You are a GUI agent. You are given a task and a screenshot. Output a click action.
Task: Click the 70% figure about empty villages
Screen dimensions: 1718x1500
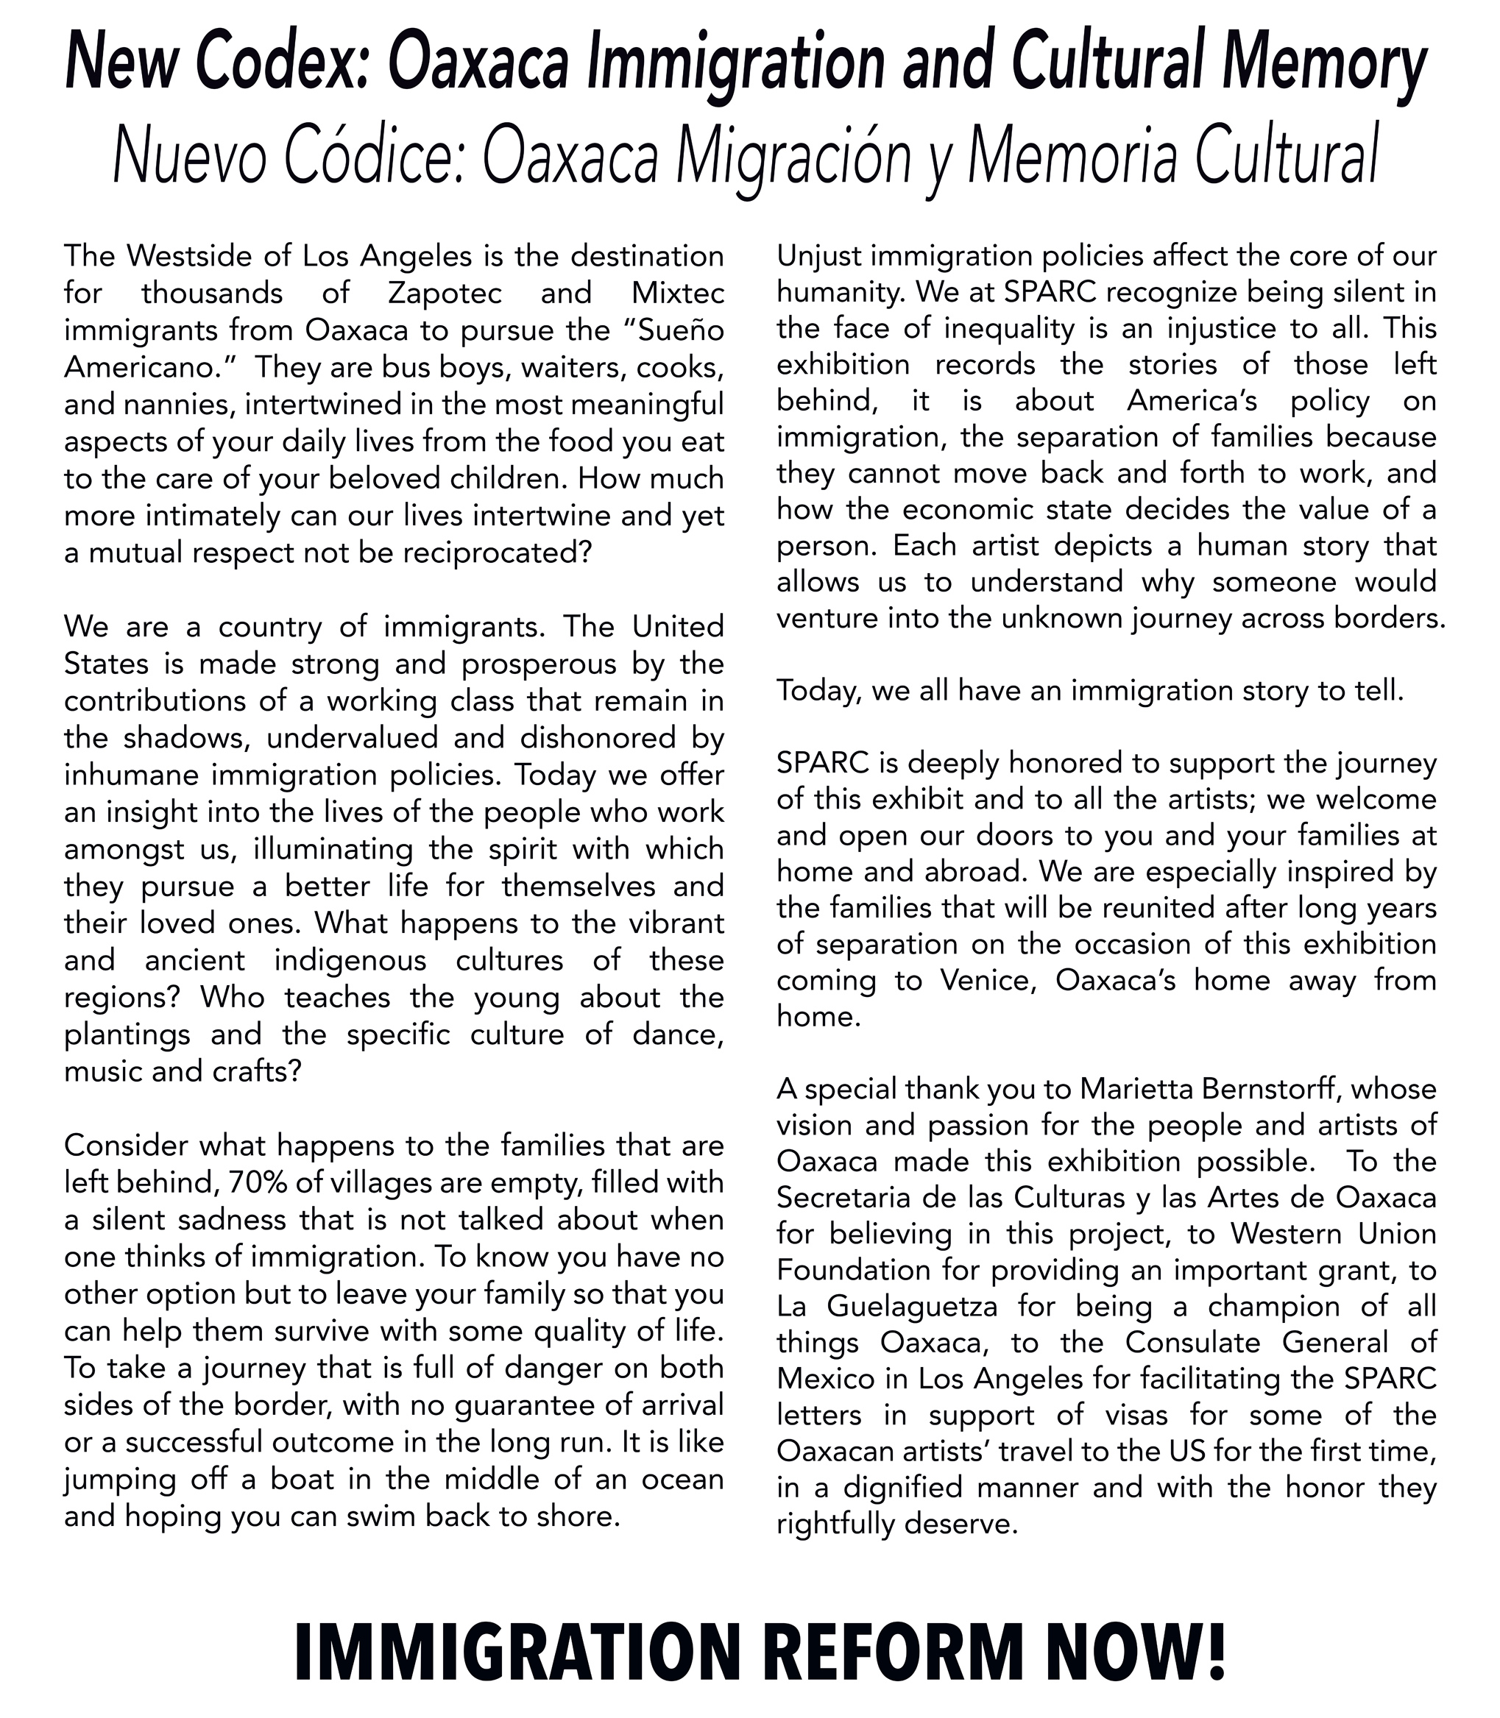(x=255, y=1182)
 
